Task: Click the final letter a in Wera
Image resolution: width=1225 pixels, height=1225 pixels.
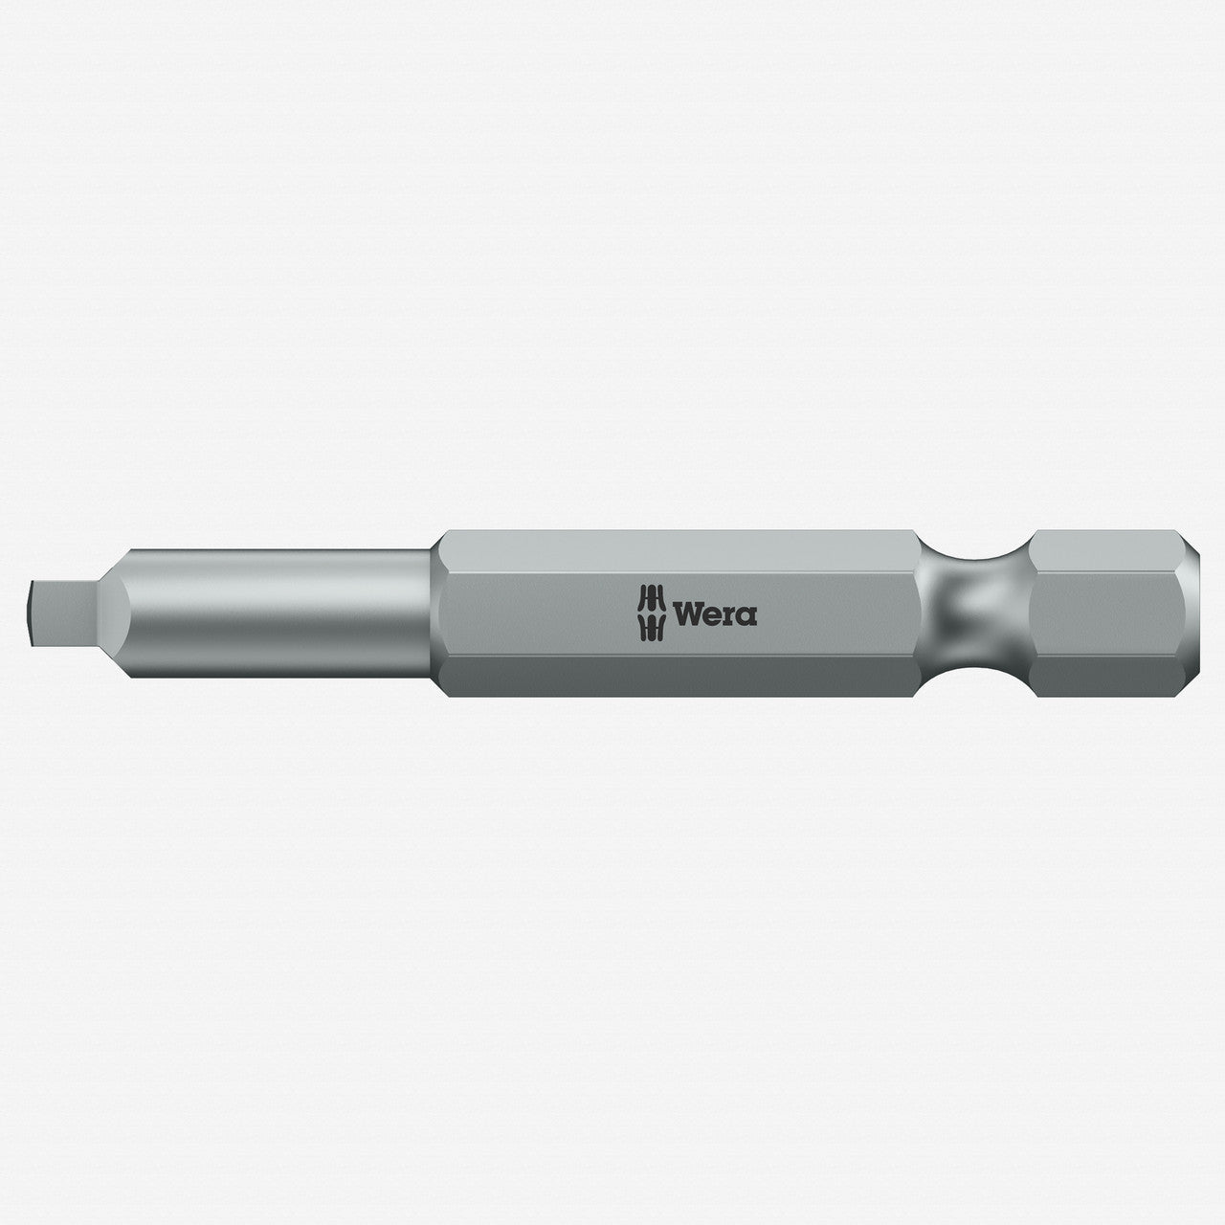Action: pyautogui.click(x=746, y=615)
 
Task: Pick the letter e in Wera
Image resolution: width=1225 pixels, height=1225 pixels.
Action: pyautogui.click(x=713, y=615)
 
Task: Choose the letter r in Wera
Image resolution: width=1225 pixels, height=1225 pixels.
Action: pyautogui.click(x=730, y=615)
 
